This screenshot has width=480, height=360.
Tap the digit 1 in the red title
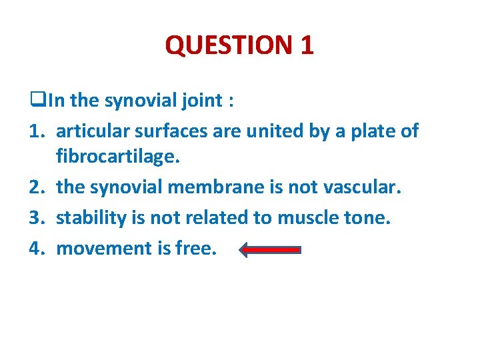[x=307, y=45]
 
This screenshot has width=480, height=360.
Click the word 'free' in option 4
[x=196, y=249]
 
